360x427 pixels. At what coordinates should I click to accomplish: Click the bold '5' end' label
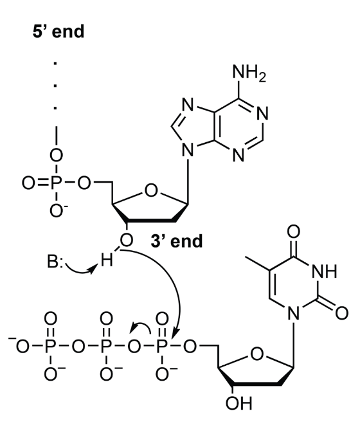click(59, 32)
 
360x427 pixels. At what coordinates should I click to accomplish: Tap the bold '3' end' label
click(177, 241)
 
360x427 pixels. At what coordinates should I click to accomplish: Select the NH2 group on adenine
click(249, 73)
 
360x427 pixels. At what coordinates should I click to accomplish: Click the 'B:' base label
click(55, 262)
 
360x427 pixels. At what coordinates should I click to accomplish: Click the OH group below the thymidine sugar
click(239, 403)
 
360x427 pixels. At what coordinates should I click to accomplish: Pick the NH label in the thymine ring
click(325, 271)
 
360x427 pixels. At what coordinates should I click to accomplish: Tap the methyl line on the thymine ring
click(257, 263)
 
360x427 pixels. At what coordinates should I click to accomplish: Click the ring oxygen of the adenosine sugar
click(151, 190)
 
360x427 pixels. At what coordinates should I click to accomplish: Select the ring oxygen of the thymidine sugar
click(257, 354)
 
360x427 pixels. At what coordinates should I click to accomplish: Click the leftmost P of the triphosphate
click(50, 347)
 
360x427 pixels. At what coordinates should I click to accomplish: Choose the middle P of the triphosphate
click(105, 347)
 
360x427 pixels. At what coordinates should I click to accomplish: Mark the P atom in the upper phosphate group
click(56, 183)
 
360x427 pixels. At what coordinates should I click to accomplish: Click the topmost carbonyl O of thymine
click(294, 232)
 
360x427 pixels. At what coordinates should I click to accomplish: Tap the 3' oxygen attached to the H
click(127, 241)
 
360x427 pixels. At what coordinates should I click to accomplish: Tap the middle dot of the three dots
click(55, 86)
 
